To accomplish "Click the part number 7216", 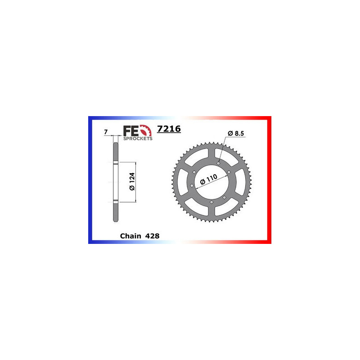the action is (x=169, y=129).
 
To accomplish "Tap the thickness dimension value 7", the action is (x=106, y=132).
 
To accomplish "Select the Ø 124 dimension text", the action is (x=132, y=181).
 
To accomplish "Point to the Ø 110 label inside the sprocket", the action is (x=209, y=179).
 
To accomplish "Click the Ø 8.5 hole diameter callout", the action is (x=236, y=133).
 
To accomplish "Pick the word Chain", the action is (x=130, y=236).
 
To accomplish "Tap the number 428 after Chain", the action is (x=152, y=236).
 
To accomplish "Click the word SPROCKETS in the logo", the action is (x=138, y=139).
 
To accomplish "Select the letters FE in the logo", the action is (x=131, y=131).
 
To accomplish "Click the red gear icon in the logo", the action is (x=146, y=131).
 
